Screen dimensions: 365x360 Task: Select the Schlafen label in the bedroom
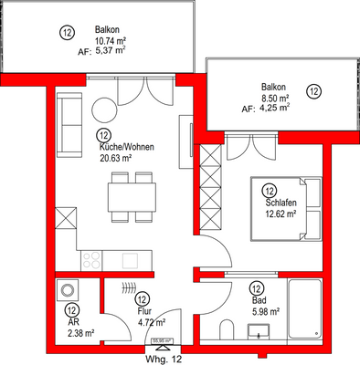pyautogui.click(x=280, y=203)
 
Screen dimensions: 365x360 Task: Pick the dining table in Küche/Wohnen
pyautogui.click(x=129, y=196)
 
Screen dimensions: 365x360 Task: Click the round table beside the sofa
pyautogui.click(x=103, y=109)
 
